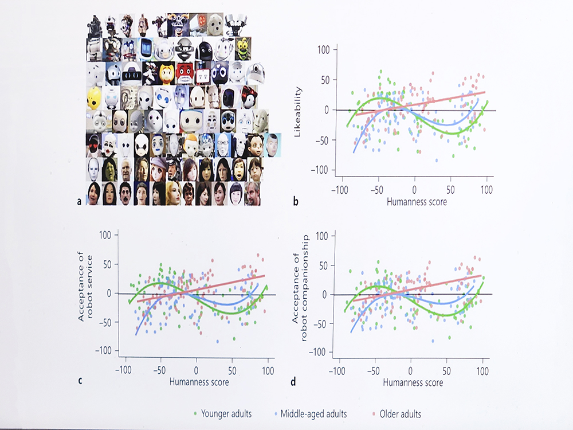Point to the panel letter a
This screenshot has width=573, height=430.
click(x=79, y=201)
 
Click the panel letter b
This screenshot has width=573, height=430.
click(x=295, y=201)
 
